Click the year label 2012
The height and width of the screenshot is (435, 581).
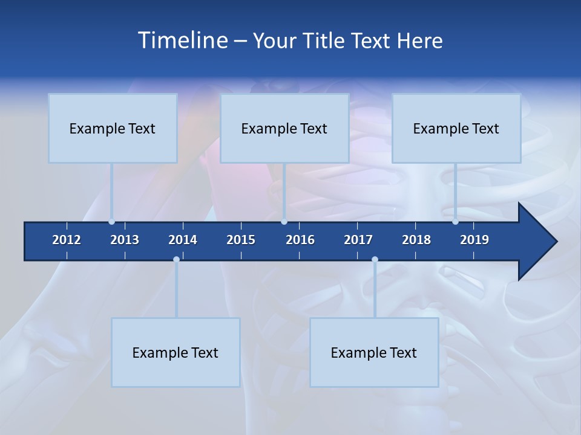point(67,240)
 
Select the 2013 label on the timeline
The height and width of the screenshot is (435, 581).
point(125,240)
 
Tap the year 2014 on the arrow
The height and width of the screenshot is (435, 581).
point(183,240)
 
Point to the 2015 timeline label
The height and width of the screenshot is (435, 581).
point(241,240)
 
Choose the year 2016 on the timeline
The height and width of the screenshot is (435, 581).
point(300,240)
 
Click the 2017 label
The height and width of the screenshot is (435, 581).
point(358,240)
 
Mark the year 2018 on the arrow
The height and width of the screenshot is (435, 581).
point(416,240)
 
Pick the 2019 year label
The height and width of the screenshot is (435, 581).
point(474,240)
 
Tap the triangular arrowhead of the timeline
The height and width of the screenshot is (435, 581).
point(536,242)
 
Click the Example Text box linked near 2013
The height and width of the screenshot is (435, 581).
point(113,128)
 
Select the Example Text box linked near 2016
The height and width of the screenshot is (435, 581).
point(284,128)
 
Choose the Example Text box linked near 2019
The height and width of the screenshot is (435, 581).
point(456,128)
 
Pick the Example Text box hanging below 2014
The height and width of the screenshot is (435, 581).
point(176,352)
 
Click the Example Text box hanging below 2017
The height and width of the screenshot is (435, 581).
point(374,352)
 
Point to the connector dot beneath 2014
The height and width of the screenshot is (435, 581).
point(176,259)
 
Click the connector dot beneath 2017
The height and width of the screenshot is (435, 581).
point(375,259)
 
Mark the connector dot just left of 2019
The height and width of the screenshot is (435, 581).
point(455,222)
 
